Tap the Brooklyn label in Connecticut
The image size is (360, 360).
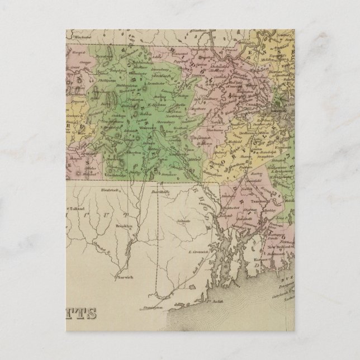(122, 226)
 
